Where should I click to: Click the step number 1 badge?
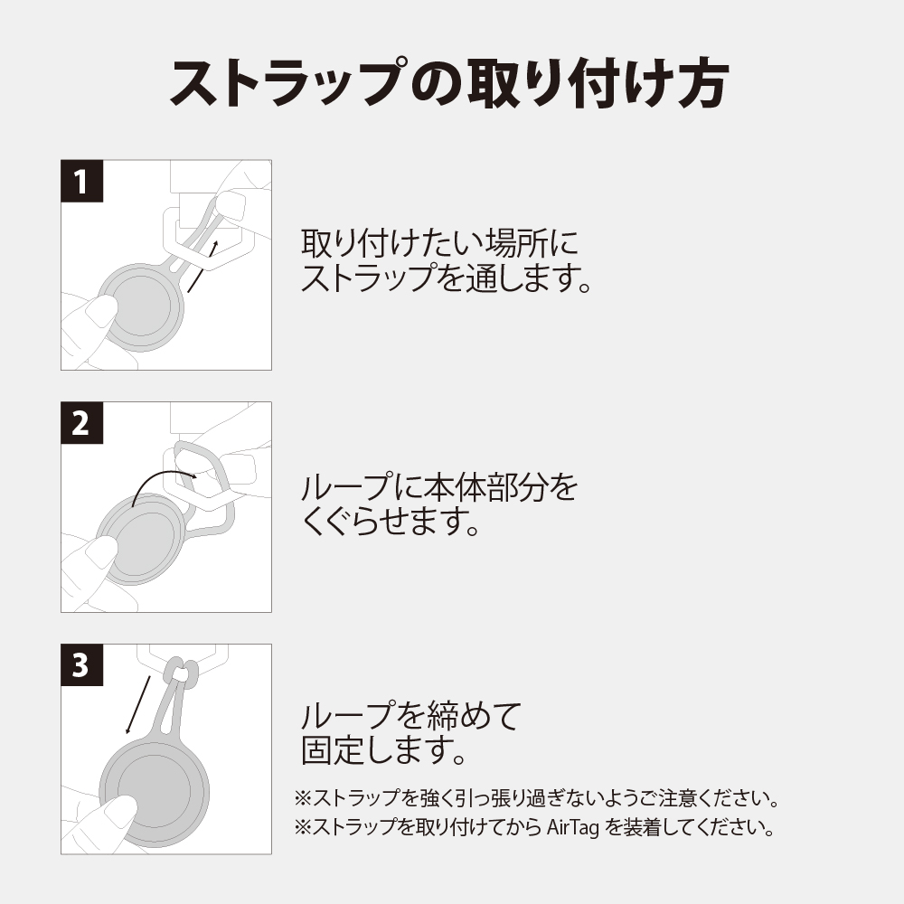click(82, 181)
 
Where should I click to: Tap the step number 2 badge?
click(82, 422)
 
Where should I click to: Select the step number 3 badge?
click(82, 664)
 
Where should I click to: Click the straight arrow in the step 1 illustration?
click(202, 267)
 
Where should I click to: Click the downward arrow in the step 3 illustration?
click(138, 705)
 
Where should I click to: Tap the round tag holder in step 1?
click(141, 307)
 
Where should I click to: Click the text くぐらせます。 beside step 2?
click(391, 522)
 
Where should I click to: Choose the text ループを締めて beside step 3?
click(411, 715)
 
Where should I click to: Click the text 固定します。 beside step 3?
click(383, 750)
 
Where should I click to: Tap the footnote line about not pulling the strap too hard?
click(537, 798)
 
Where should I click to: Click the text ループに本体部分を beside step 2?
click(439, 488)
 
